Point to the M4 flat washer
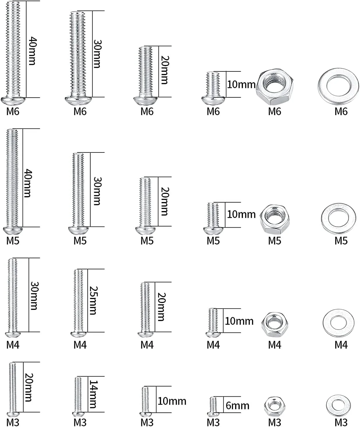click(329, 323)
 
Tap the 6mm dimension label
click(237, 406)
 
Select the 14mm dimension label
click(93, 394)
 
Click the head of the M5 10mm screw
click(213, 231)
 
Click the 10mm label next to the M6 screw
click(241, 85)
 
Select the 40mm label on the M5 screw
click(27, 183)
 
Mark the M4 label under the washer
click(341, 345)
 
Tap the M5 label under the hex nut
click(275, 241)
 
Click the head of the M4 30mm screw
click(13, 334)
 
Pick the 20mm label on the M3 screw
click(29, 388)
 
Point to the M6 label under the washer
click(341, 111)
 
